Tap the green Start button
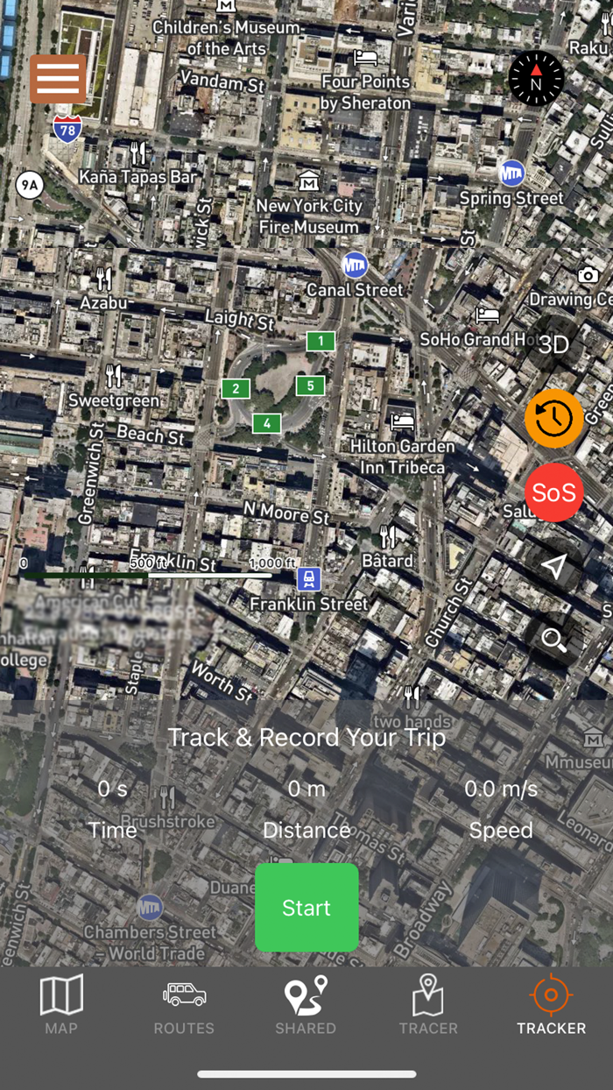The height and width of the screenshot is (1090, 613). (306, 907)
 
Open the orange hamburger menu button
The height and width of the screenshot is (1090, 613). (58, 79)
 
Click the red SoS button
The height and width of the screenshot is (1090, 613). (553, 493)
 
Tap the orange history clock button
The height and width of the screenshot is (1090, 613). (553, 419)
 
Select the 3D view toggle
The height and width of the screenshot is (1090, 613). (553, 344)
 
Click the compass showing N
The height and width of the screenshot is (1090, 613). (536, 79)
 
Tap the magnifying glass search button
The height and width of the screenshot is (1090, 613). (553, 640)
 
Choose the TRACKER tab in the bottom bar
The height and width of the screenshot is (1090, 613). (551, 1005)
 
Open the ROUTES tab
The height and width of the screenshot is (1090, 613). (184, 1005)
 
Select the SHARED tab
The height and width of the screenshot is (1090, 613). (306, 1005)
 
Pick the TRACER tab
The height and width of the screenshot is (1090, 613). (428, 1005)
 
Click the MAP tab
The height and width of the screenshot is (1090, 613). (61, 1005)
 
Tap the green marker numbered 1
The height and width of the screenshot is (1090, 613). (321, 342)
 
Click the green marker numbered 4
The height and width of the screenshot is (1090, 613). (266, 424)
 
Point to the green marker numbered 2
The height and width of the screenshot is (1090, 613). (236, 388)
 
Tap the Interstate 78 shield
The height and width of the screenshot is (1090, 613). (67, 129)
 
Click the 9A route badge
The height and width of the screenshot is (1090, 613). (30, 185)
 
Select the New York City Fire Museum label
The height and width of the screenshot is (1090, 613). (308, 216)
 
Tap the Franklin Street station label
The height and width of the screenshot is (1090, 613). (308, 604)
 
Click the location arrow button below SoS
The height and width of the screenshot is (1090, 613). (553, 567)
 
